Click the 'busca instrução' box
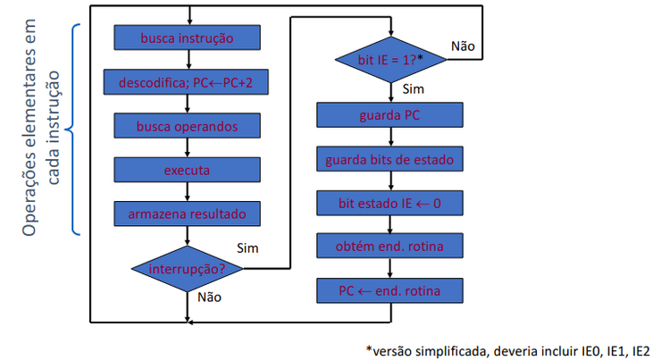pyautogui.click(x=187, y=38)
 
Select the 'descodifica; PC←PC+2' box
pyautogui.click(x=187, y=82)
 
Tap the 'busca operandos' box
pyautogui.click(x=187, y=126)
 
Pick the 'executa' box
pyautogui.click(x=187, y=170)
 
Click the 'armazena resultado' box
pyautogui.click(x=187, y=213)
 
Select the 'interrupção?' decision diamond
pyautogui.click(x=187, y=267)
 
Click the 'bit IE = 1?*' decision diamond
pyautogui.click(x=390, y=59)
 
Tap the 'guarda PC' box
pyautogui.click(x=390, y=116)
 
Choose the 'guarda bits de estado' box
pyautogui.click(x=390, y=160)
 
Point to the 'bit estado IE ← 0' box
pyautogui.click(x=390, y=204)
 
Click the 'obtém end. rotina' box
pyautogui.click(x=390, y=247)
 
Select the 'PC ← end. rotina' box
pyautogui.click(x=390, y=291)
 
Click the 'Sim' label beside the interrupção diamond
pyautogui.click(x=247, y=247)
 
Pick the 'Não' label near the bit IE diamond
pyautogui.click(x=463, y=45)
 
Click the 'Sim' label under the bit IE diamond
pyautogui.click(x=414, y=89)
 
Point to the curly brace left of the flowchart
pyautogui.click(x=75, y=130)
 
